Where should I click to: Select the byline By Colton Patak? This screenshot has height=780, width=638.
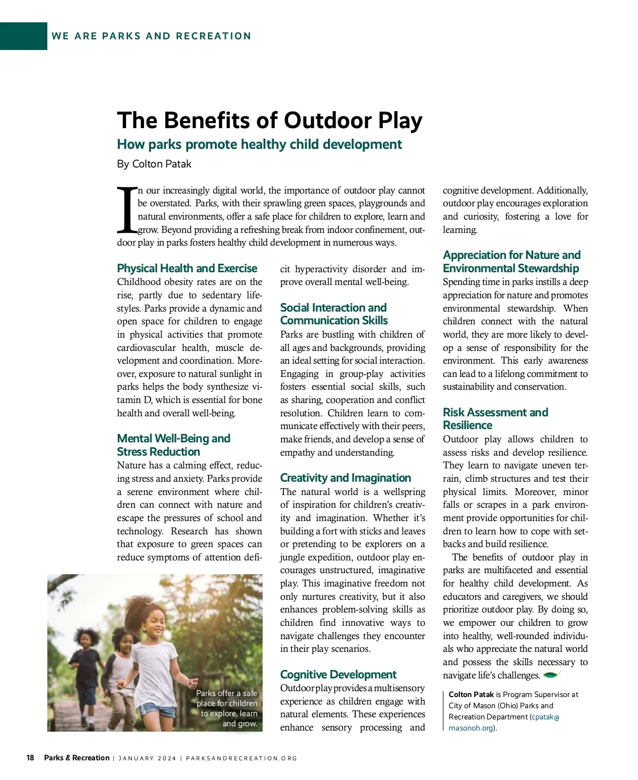tap(154, 164)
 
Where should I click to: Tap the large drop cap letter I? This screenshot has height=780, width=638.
tap(127, 209)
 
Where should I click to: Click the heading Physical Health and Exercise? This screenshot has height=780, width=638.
tap(187, 268)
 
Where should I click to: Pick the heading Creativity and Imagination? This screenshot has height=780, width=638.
tap(346, 477)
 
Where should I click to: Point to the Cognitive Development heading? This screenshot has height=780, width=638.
tap(338, 674)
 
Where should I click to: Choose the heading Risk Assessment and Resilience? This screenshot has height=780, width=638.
tap(495, 418)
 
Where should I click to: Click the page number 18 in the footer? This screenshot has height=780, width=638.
tap(30, 758)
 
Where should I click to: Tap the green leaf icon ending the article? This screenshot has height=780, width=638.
tap(551, 675)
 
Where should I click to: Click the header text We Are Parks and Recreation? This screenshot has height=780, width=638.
tap(152, 36)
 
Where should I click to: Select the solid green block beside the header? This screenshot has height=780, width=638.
tap(23, 36)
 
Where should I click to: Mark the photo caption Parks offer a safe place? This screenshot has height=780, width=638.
tap(227, 708)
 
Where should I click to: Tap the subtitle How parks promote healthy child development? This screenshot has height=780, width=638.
tap(259, 145)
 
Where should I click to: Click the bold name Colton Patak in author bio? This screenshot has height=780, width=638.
tap(471, 694)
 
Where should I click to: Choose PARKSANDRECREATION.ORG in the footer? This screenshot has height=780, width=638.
tap(241, 758)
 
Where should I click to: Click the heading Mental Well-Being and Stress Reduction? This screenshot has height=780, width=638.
tap(173, 445)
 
